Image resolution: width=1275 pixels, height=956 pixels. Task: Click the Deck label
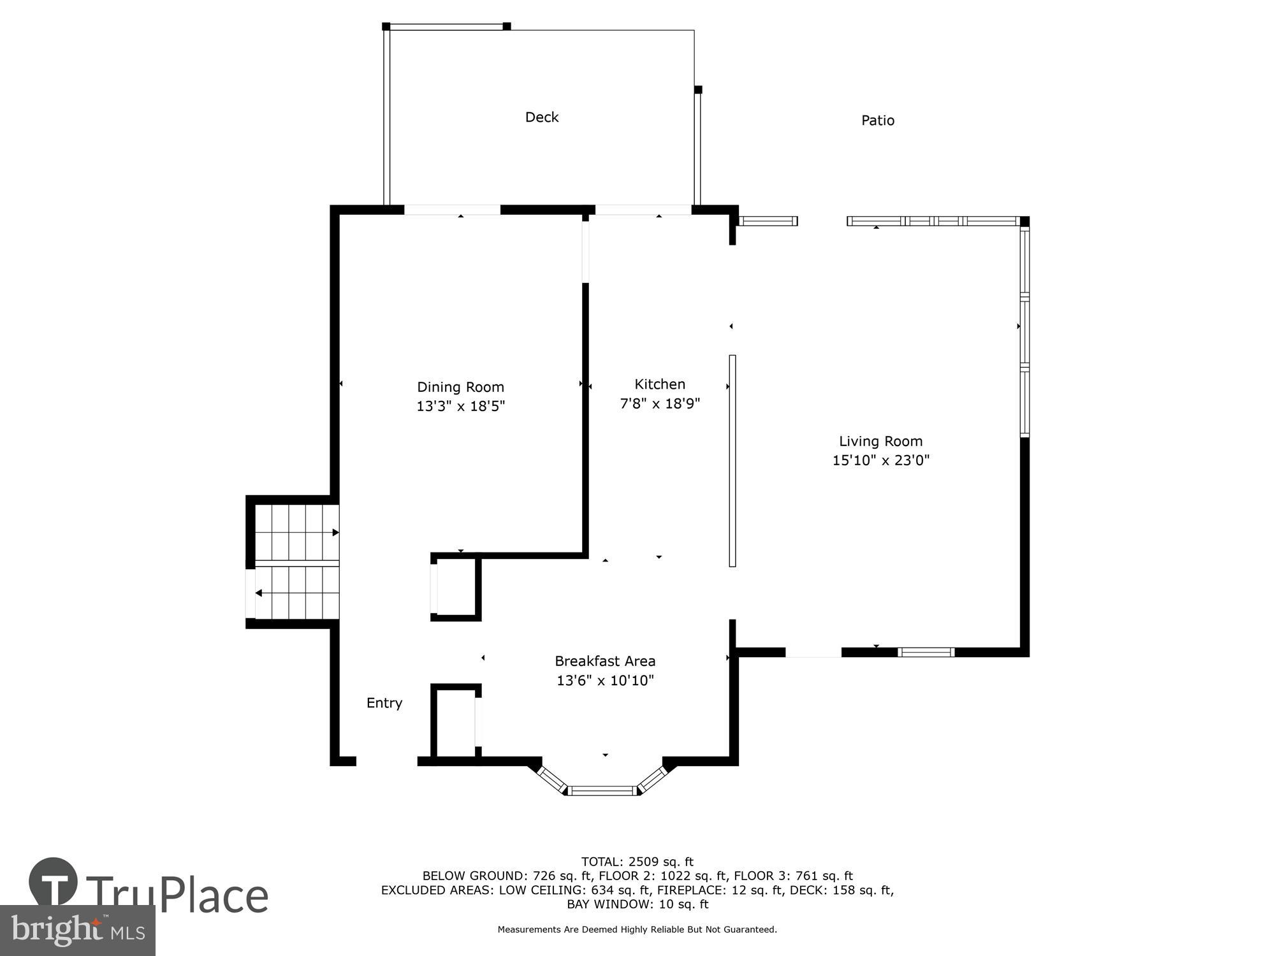pyautogui.click(x=541, y=117)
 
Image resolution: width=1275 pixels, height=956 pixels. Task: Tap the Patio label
pyautogui.click(x=877, y=120)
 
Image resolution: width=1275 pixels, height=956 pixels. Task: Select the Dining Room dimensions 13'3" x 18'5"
pyautogui.click(x=460, y=406)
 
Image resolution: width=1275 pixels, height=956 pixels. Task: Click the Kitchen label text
pyautogui.click(x=660, y=384)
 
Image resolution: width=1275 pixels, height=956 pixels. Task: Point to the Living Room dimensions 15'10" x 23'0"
pyautogui.click(x=880, y=460)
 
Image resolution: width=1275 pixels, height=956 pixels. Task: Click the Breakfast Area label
pyautogui.click(x=605, y=661)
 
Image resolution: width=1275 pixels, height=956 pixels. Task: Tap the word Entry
pyautogui.click(x=384, y=703)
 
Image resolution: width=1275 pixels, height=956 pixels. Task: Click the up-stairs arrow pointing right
pyautogui.click(x=335, y=532)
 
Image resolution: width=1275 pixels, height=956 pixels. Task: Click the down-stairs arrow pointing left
pyautogui.click(x=259, y=593)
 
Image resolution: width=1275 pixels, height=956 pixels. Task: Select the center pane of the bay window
pyautogui.click(x=602, y=791)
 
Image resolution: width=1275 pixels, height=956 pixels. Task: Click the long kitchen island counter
pyautogui.click(x=732, y=460)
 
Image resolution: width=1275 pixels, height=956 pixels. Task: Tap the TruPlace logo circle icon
pyautogui.click(x=54, y=882)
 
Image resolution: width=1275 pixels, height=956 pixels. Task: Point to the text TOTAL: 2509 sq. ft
pyautogui.click(x=637, y=862)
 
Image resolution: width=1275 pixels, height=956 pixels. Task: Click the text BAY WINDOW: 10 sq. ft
pyautogui.click(x=637, y=904)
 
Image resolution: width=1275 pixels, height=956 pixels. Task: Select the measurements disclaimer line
pyautogui.click(x=637, y=930)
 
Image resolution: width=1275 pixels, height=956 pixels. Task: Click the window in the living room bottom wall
pyautogui.click(x=926, y=652)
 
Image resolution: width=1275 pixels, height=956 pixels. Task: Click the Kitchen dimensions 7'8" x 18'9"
pyautogui.click(x=660, y=403)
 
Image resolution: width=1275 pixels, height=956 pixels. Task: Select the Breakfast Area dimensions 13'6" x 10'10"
pyautogui.click(x=605, y=681)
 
